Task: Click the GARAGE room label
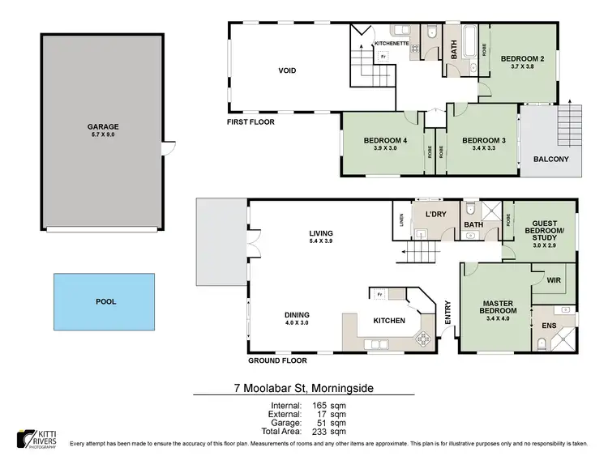(103, 126)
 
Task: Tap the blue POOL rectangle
(105, 301)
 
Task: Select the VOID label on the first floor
(287, 70)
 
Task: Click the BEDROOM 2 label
(521, 58)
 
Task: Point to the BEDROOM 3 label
(484, 140)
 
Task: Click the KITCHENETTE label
(392, 42)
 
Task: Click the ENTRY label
(447, 313)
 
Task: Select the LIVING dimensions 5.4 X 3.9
(322, 241)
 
